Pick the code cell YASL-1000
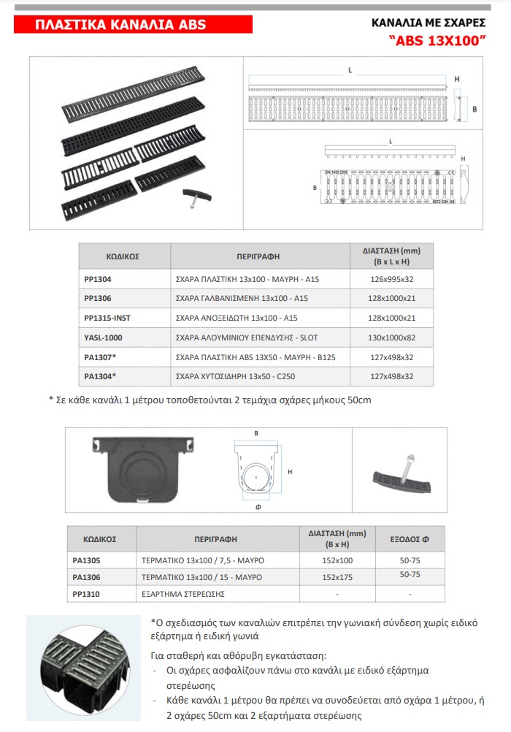point(104,338)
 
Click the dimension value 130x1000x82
point(392,338)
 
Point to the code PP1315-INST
point(107,318)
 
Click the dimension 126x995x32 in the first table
point(392,278)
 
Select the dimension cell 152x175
point(336,577)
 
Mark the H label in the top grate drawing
point(457,78)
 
